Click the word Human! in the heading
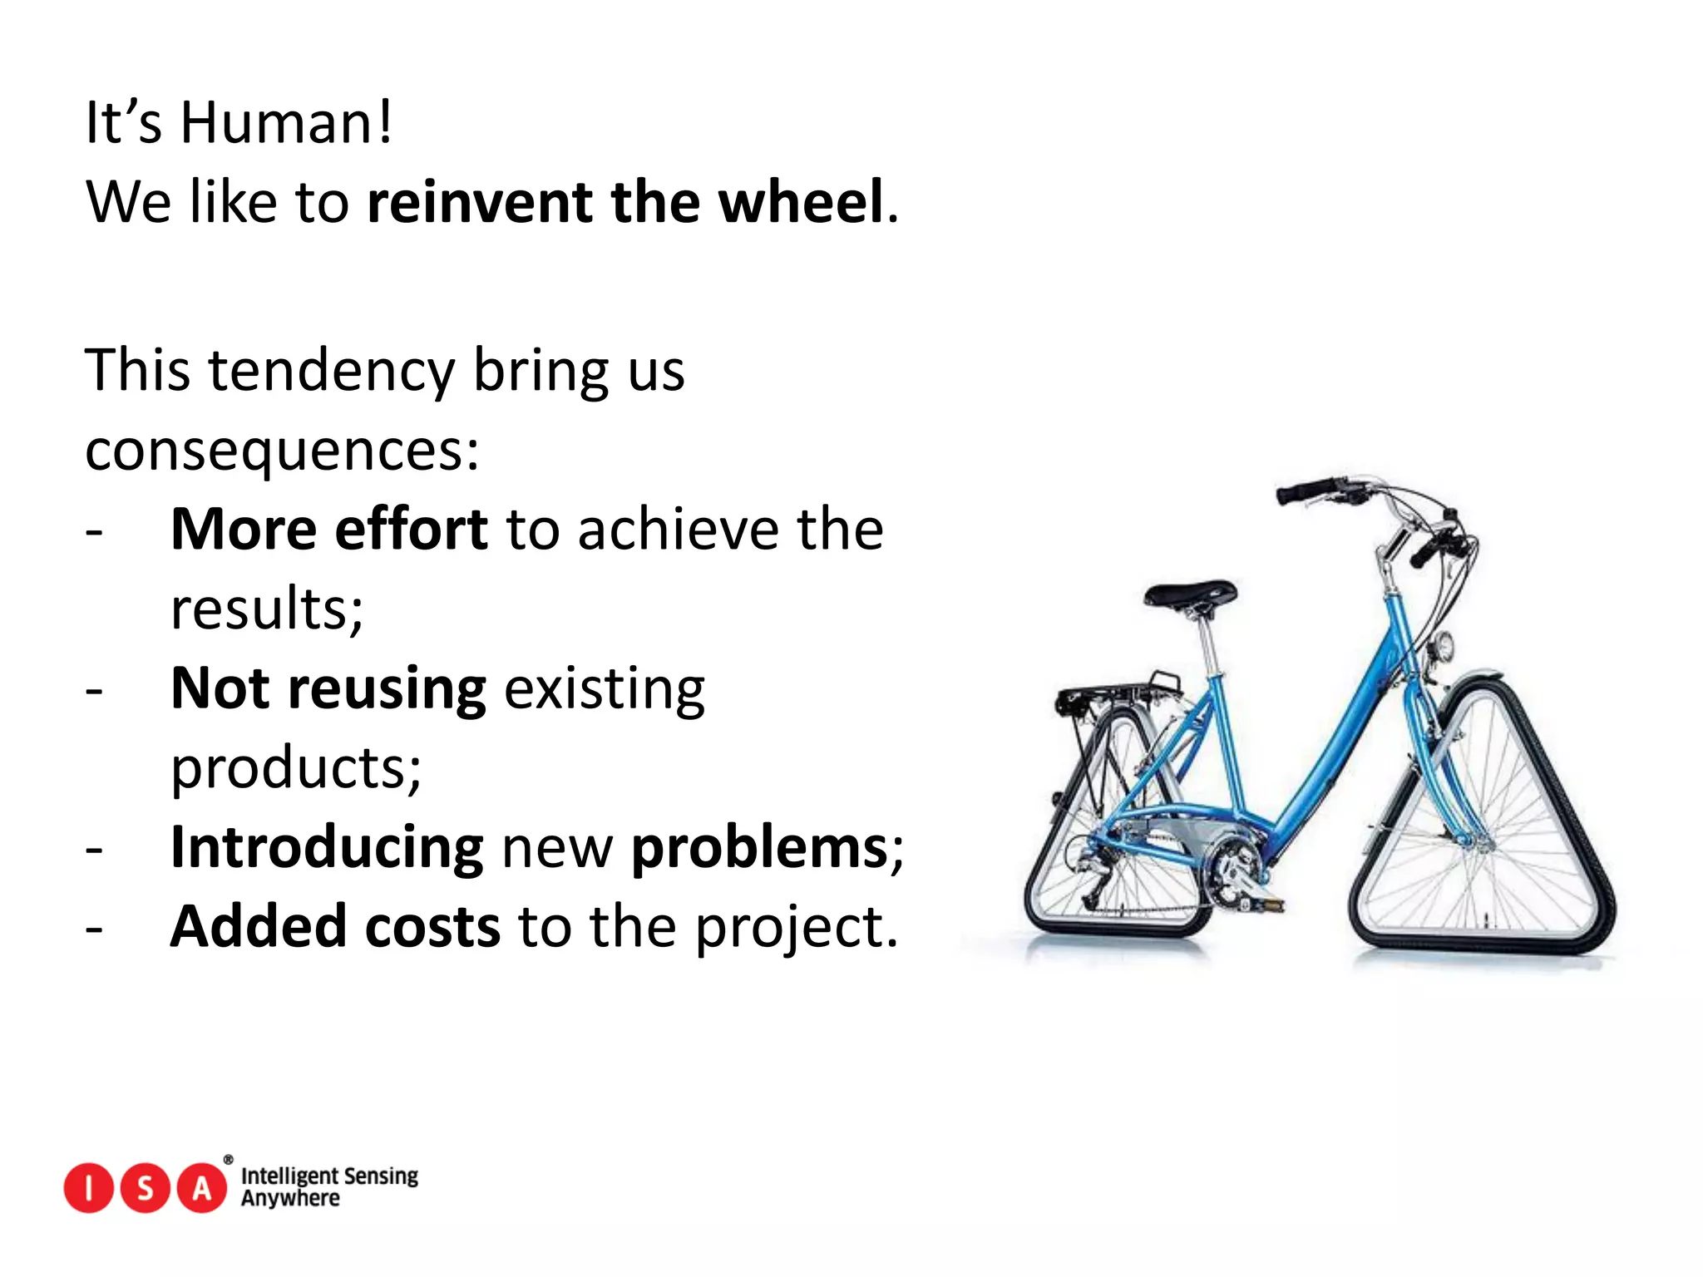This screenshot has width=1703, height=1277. click(x=285, y=123)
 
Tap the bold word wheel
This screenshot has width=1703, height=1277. click(x=800, y=202)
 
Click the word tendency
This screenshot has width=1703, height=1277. click(x=331, y=370)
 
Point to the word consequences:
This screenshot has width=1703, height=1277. click(x=282, y=451)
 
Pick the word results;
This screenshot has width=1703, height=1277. click(x=267, y=609)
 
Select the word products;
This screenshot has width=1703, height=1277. click(x=296, y=768)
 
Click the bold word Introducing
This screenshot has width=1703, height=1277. click(x=327, y=847)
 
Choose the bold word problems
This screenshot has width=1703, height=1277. click(x=759, y=847)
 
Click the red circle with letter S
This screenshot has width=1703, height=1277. click(x=146, y=1189)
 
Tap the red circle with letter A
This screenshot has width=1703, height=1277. click(x=202, y=1189)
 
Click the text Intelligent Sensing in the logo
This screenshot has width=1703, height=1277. click(x=329, y=1176)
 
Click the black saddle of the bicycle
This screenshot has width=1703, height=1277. click(x=1190, y=594)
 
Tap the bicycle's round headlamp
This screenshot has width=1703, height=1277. click(x=1444, y=646)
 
